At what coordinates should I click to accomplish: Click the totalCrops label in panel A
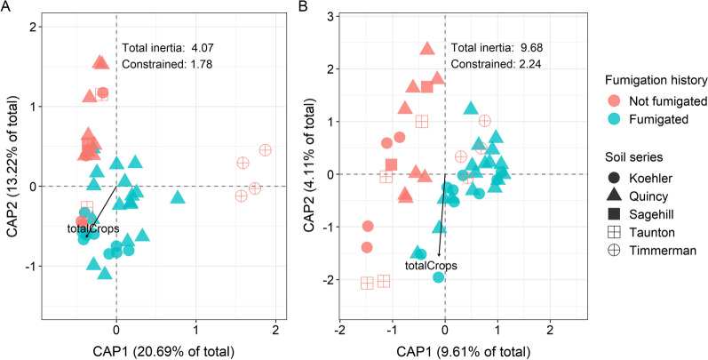94,229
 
